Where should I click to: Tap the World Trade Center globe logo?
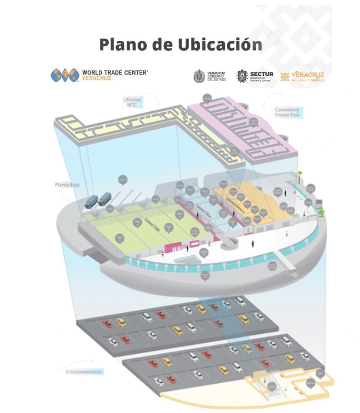[x=65, y=75]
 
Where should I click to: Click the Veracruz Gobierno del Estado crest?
[x=199, y=76]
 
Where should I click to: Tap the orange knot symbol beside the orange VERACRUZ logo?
[x=285, y=76]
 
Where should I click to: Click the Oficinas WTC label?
[x=132, y=102]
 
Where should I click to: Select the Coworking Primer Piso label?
[x=287, y=112]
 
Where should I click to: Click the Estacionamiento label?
[x=84, y=371]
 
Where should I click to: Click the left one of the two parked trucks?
[x=91, y=201]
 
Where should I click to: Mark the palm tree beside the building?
[x=300, y=176]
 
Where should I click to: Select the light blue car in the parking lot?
[x=226, y=304]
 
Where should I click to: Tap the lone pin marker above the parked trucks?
[x=122, y=180]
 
